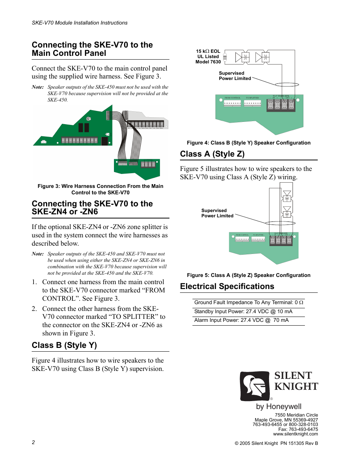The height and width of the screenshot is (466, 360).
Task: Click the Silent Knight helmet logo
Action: point(255,386)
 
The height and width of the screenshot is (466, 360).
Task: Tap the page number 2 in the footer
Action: point(33,442)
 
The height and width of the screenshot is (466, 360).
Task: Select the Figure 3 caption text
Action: point(100,189)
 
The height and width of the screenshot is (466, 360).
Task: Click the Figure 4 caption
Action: point(248,143)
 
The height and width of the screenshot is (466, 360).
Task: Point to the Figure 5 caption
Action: point(248,275)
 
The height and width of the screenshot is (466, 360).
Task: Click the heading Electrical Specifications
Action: point(227,286)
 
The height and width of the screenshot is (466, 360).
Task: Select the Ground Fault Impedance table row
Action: point(248,302)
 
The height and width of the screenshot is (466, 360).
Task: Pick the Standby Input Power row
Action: point(243,311)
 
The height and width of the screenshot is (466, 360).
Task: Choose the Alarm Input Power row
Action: point(241,320)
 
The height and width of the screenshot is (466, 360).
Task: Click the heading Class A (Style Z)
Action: point(212,154)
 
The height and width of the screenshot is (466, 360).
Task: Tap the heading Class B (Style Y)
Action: point(64,345)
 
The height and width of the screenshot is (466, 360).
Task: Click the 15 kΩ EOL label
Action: point(208,51)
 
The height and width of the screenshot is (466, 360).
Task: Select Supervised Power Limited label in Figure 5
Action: point(217,213)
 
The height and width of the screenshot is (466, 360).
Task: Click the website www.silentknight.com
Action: point(295,434)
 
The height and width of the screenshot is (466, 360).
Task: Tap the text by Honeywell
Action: point(278,406)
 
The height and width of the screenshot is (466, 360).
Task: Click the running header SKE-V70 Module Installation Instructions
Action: point(80,23)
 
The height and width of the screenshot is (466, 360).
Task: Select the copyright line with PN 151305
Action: point(276,443)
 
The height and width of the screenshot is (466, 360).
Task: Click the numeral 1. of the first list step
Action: point(34,282)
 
